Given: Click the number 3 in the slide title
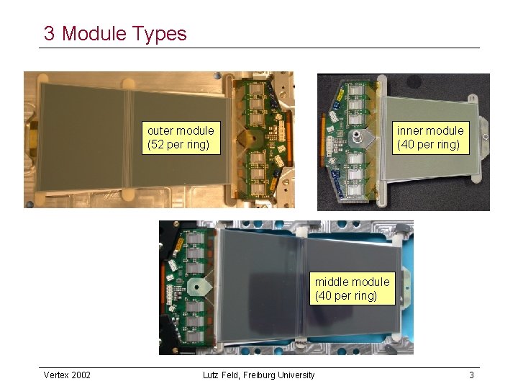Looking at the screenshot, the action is [x=49, y=34].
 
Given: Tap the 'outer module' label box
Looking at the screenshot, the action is [x=181, y=137].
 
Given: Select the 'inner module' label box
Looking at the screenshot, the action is [x=430, y=137].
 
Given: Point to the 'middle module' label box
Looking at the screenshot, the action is [x=352, y=288].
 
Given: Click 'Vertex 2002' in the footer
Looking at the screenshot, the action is [x=67, y=375].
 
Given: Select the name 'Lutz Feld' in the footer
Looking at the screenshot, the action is [x=222, y=375].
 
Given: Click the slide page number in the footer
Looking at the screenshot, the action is [x=471, y=375].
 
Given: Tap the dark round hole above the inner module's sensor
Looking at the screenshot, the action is [x=379, y=87].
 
